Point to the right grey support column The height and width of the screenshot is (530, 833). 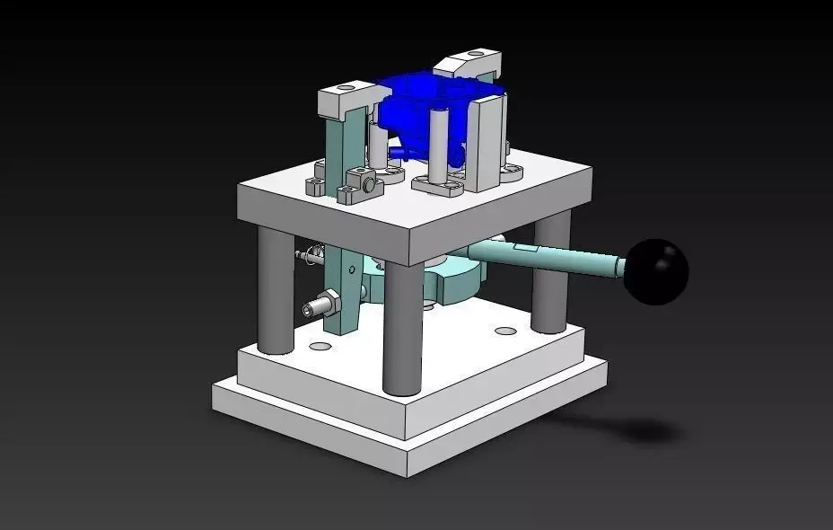coord(550,274)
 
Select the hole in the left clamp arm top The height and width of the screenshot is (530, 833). coord(344,90)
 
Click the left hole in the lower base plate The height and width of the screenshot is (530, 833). coord(319,346)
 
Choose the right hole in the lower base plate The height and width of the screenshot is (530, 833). coord(506,331)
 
